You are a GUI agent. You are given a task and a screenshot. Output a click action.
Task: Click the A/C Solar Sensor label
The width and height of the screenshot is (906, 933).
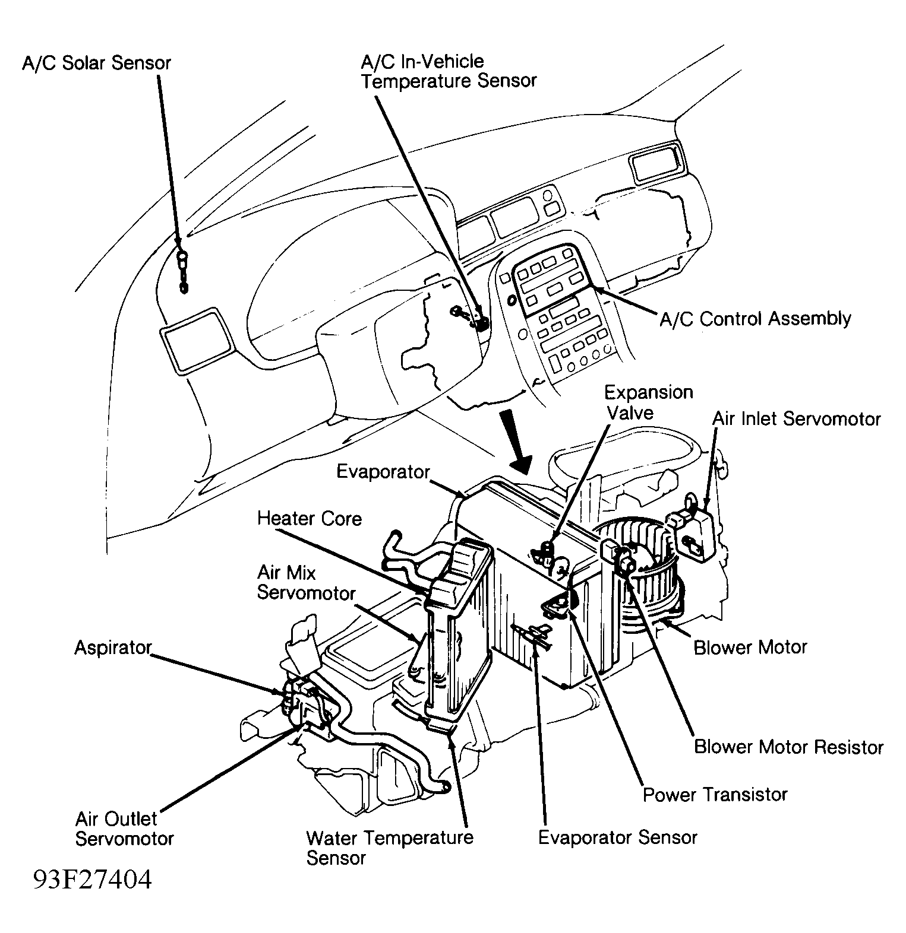click(96, 64)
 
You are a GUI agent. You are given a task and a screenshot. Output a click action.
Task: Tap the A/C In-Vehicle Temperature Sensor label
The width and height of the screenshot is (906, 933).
click(449, 71)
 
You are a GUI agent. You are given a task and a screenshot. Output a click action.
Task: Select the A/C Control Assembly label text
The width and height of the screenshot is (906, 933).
click(755, 319)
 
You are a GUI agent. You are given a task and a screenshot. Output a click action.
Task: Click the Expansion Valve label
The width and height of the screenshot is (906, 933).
click(648, 402)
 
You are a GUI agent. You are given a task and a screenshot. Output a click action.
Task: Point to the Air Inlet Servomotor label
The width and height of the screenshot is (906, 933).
click(796, 419)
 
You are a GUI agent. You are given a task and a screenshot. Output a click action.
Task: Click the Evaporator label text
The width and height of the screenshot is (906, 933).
click(383, 472)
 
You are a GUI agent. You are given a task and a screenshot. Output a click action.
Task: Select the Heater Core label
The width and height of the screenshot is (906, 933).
click(309, 519)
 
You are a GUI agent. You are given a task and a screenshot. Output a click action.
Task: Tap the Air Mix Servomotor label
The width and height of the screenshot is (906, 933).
click(306, 583)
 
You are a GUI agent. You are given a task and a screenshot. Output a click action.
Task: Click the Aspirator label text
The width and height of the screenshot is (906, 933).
click(113, 648)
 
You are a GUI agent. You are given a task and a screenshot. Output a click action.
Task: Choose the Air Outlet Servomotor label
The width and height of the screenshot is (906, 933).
click(124, 829)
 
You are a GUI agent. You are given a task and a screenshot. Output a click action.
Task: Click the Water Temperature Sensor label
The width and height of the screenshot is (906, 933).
click(389, 847)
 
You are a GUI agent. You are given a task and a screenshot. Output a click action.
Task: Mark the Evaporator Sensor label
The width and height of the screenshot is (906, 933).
click(617, 837)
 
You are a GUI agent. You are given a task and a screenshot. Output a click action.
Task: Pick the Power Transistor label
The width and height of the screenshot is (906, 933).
click(715, 794)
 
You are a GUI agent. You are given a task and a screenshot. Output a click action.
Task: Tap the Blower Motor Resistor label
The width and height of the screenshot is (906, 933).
click(788, 747)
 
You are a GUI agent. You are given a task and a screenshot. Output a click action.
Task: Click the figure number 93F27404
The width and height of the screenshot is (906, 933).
click(92, 880)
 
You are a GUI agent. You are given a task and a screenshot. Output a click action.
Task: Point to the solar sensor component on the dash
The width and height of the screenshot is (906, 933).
click(183, 271)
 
